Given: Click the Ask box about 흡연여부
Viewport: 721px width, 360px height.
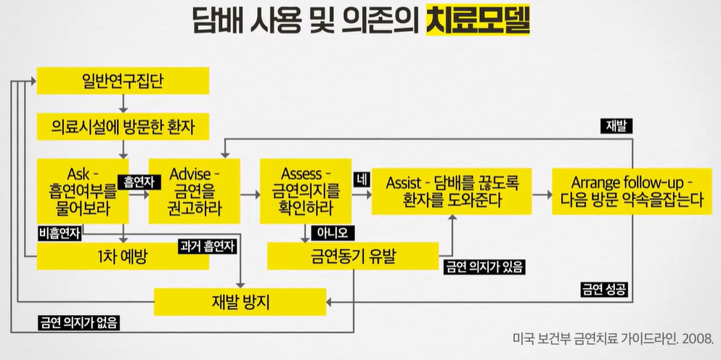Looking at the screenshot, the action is [x=82, y=190].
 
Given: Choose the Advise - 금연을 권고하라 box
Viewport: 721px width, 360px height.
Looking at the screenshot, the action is [x=193, y=190].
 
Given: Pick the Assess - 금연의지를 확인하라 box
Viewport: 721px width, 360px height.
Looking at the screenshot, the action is [x=305, y=190].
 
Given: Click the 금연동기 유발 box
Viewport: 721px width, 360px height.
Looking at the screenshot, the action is [x=354, y=255].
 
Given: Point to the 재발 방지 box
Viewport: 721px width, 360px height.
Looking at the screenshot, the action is [x=240, y=300].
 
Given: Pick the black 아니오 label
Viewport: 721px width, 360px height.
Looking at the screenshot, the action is [x=333, y=233].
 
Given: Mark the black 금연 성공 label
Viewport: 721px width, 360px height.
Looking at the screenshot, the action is [x=604, y=288].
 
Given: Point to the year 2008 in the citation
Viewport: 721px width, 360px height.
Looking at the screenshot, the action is [x=698, y=339].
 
